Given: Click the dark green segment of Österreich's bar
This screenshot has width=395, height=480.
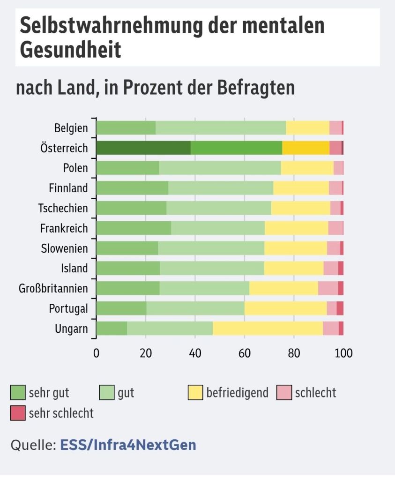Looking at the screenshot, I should (143, 148).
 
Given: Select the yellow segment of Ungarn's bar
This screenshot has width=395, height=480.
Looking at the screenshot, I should (268, 328).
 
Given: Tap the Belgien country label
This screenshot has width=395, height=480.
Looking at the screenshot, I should (71, 128).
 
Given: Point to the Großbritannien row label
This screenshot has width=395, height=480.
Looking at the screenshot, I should (53, 288).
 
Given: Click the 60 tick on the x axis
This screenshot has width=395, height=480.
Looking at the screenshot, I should (245, 353).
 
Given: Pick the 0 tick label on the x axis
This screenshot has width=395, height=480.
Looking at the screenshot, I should (96, 353).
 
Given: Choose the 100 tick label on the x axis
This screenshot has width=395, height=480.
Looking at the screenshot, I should (343, 353).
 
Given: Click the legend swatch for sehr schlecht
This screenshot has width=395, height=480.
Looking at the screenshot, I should (18, 412).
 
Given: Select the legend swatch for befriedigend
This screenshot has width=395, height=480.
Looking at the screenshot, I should (195, 392).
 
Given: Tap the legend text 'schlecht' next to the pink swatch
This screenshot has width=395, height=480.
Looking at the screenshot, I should (315, 392).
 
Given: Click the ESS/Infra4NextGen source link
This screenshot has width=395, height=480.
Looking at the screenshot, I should (128, 445).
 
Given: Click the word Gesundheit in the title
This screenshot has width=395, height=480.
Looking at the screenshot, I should (70, 50).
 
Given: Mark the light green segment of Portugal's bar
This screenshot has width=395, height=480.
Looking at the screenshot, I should (195, 308).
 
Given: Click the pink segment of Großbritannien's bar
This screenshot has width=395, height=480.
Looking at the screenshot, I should (328, 288).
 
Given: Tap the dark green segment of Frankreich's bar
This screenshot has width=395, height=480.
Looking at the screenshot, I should (134, 228).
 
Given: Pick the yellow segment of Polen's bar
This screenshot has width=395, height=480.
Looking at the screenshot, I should (307, 168).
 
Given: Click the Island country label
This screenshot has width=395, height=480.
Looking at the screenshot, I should (74, 268).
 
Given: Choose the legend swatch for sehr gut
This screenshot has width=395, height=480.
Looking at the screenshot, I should (18, 392).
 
